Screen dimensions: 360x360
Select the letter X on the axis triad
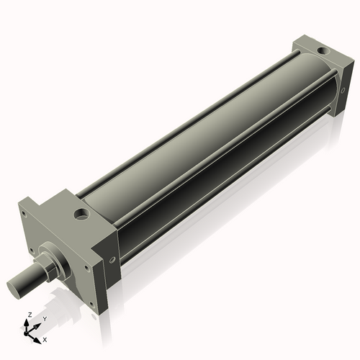coord(45,338)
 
